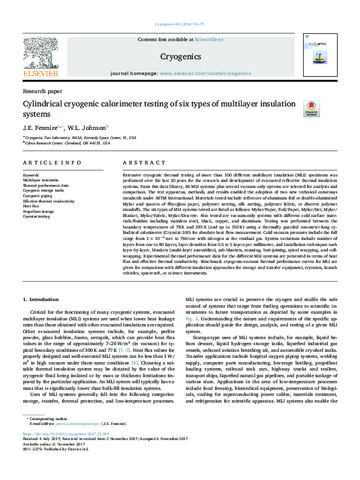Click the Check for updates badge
tap(311, 109)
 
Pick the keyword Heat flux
tap(31, 207)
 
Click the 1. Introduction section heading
tap(41, 300)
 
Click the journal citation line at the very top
tap(180, 24)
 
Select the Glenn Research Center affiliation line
tap(68, 144)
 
